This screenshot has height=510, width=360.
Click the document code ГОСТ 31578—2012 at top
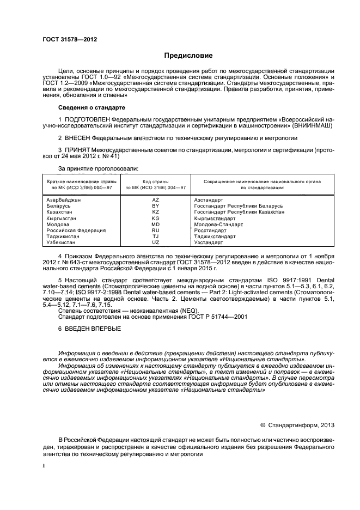[66, 39]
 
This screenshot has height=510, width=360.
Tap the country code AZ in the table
[156, 201]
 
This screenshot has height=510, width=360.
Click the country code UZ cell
[156, 242]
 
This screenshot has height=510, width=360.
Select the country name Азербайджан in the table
[64, 201]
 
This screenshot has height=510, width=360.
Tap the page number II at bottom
[44, 466]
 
